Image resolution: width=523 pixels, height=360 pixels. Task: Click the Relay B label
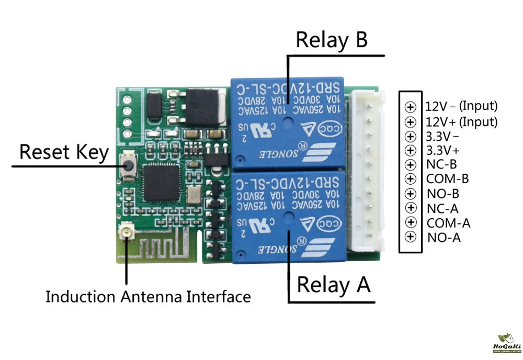click(332, 40)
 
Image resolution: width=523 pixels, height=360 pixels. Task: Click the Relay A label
click(334, 285)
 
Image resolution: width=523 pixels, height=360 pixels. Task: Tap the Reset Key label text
click(64, 152)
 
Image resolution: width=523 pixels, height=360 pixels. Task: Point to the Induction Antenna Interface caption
click(148, 297)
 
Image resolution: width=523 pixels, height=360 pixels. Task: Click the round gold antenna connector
click(126, 231)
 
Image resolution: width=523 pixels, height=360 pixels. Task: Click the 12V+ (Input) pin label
click(461, 122)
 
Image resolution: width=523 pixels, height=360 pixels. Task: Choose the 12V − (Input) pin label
click(461, 106)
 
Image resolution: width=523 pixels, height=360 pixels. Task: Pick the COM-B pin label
click(448, 179)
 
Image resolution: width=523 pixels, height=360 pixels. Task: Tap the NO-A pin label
click(444, 238)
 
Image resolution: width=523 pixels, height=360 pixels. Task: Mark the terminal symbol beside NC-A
click(411, 208)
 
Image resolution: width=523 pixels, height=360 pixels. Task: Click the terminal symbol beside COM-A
click(411, 222)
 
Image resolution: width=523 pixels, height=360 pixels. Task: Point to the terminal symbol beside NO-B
click(411, 194)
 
